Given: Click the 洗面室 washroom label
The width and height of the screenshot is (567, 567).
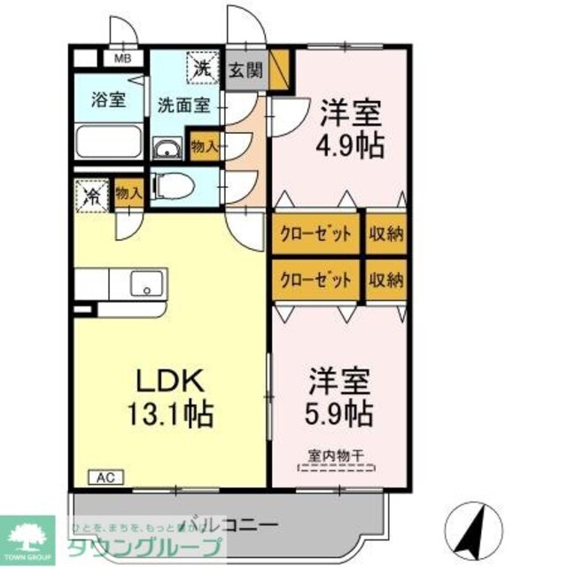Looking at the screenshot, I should tap(183, 105).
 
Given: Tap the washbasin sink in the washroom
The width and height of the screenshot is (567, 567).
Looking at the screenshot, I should tap(167, 150).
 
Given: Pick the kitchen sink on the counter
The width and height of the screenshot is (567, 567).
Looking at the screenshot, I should tap(143, 284).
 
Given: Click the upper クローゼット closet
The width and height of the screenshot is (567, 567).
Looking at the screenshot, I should tap(316, 235).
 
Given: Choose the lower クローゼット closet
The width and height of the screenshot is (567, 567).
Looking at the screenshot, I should tap(316, 280).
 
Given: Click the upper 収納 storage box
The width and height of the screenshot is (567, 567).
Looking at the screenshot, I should tap(385, 235).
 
